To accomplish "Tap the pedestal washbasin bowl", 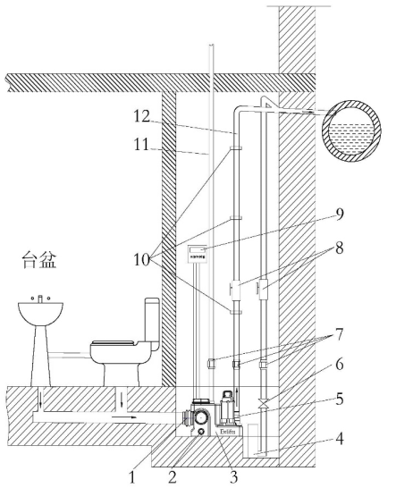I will [x=41, y=316].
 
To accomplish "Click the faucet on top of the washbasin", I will [x=41, y=296].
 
